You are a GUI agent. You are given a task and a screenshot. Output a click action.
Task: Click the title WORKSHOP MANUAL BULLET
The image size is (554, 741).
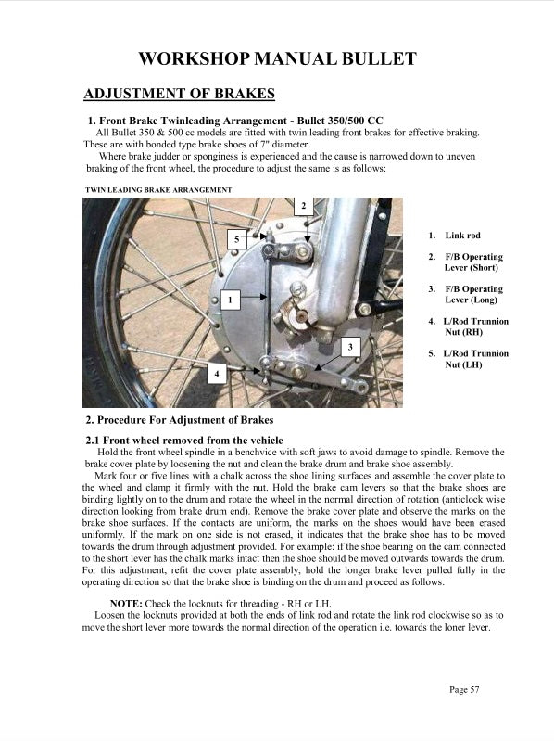[x=277, y=59]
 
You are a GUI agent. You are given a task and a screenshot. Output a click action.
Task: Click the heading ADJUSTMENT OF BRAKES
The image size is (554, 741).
[x=179, y=95]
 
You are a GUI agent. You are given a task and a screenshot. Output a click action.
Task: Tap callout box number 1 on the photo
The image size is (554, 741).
[x=229, y=300]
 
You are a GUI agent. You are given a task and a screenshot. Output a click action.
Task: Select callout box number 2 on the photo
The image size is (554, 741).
[x=304, y=205]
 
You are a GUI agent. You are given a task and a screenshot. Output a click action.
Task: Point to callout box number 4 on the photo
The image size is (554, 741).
[x=216, y=373]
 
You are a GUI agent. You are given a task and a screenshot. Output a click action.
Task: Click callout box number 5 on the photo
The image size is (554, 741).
[x=236, y=239]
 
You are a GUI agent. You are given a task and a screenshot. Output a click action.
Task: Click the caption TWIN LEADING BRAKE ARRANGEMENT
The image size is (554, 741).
[x=157, y=189]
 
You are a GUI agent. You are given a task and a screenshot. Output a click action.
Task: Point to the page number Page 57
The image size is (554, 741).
[x=464, y=689]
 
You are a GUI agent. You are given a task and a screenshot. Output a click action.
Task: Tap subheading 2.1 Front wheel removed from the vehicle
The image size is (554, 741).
[x=183, y=439]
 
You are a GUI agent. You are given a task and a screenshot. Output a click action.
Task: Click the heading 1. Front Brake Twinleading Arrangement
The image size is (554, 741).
[x=234, y=121]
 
